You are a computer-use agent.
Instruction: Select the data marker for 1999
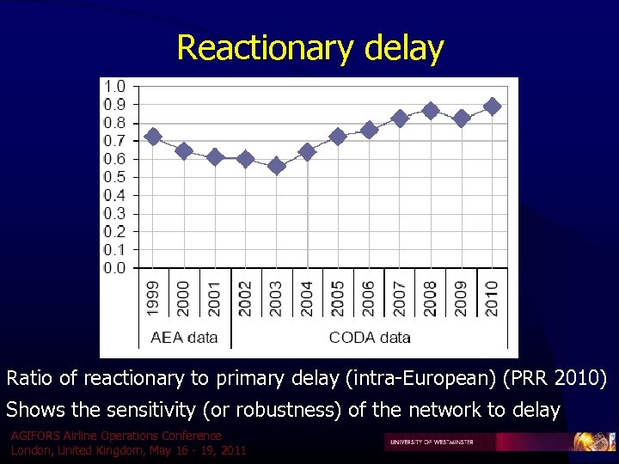153,137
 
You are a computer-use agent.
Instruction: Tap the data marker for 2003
276,166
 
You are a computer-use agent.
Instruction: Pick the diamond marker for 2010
492,107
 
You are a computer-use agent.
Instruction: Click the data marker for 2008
431,111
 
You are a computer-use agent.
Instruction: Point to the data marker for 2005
338,137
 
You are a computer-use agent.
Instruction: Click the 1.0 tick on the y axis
114,86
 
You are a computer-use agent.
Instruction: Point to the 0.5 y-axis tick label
114,177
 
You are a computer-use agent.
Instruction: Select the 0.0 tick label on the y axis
114,268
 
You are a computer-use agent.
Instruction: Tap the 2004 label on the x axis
307,297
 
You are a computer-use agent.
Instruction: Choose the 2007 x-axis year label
400,297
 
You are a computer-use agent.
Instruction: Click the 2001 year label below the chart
215,297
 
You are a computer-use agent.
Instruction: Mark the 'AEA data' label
184,337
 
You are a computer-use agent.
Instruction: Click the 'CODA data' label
370,337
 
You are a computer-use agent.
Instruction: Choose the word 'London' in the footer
30,450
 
